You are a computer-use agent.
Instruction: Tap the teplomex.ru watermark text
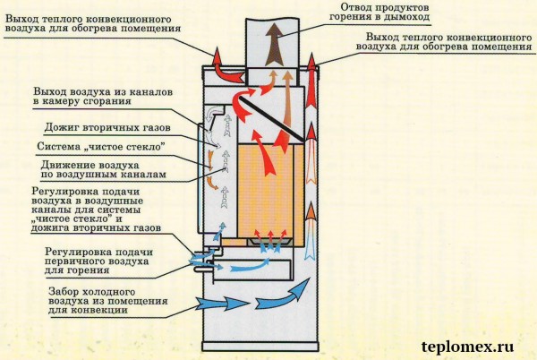[467, 347]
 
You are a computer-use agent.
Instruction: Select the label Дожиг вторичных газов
[107, 127]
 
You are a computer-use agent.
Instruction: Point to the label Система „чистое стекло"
[101, 147]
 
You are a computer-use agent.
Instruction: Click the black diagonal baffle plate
[271, 119]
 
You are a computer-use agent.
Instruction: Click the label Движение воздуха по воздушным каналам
[104, 169]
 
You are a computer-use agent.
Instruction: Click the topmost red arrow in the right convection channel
[311, 80]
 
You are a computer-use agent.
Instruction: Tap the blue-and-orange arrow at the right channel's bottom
[311, 231]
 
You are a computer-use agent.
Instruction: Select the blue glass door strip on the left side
[199, 178]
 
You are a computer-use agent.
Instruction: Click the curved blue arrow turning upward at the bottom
[282, 294]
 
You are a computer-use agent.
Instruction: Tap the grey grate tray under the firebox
[270, 242]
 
